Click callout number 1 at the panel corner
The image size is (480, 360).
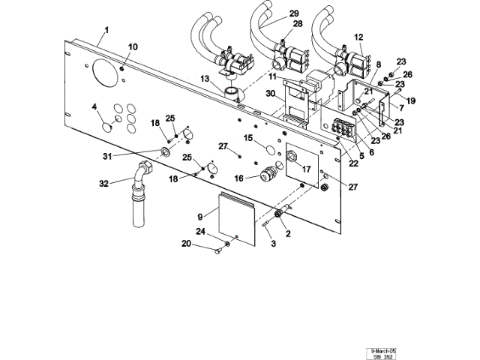point(106,29)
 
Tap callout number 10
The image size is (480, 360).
point(133,47)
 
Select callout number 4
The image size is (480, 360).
point(94,107)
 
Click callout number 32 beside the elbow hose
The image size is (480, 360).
point(104,182)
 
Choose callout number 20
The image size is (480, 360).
point(186,244)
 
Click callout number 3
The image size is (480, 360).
point(273,244)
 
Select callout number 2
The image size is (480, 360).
point(288,233)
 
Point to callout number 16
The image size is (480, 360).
point(238,178)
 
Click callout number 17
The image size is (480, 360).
point(306,169)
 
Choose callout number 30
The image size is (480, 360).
point(269,93)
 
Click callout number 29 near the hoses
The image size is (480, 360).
point(293,13)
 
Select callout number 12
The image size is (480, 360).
point(358,36)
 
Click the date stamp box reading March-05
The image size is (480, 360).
point(383,350)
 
